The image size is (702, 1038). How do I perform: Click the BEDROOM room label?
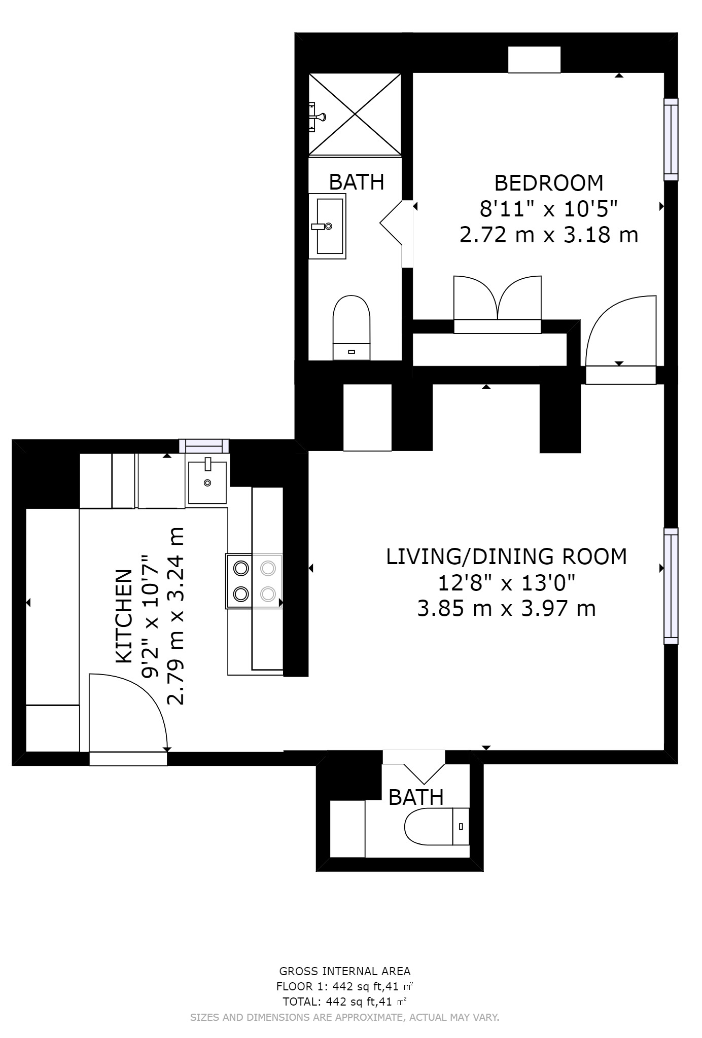549,182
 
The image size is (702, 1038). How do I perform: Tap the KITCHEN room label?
124,616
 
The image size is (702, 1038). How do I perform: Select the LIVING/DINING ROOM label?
506,557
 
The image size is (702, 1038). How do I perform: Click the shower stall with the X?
355,114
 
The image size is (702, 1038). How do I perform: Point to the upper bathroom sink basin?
330,226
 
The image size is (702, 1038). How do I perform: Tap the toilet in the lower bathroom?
437,826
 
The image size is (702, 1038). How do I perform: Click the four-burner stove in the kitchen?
254,581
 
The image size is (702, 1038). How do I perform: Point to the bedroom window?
671,139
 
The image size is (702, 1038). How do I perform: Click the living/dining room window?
671,586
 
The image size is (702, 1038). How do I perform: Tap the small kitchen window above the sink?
204,446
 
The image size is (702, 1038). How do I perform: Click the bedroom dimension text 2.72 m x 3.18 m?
549,235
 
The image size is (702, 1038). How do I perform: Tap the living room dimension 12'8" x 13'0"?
506,583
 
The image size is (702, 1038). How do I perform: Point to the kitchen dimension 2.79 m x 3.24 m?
175,616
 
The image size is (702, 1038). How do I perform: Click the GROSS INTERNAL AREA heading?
345,972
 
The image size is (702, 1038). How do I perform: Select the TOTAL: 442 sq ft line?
345,1002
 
